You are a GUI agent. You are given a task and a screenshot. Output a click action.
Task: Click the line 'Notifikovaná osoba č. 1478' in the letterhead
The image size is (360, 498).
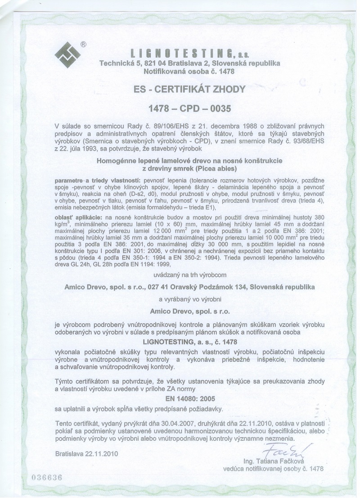click(x=189, y=71)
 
